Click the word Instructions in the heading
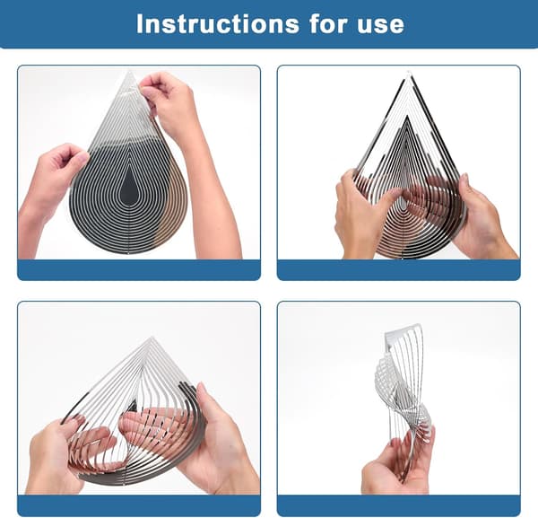click(218, 23)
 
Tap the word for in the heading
click(327, 23)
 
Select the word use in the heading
click(380, 26)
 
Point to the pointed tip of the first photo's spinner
click(129, 71)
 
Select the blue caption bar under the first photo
click(139, 270)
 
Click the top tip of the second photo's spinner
click(409, 74)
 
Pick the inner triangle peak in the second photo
click(407, 118)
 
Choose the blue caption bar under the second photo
click(399, 270)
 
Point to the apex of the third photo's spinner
click(151, 338)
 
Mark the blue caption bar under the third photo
click(139, 505)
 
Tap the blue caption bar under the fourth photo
click(399, 505)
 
